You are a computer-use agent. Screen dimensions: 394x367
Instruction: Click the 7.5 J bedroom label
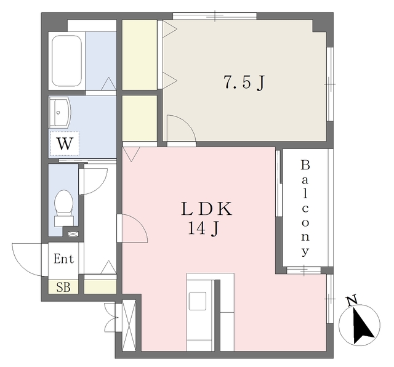[244, 82]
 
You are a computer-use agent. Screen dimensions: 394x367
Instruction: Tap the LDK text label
[207, 209]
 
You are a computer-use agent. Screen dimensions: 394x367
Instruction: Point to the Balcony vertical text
[305, 208]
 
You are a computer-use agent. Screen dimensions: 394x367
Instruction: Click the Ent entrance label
[64, 259]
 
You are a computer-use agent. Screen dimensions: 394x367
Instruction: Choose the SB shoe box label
[63, 287]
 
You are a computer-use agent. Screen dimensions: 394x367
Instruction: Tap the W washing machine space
[65, 143]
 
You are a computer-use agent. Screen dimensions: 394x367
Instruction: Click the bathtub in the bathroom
[67, 61]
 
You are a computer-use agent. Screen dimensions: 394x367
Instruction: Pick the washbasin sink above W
[60, 112]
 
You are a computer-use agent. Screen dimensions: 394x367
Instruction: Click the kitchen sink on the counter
[198, 301]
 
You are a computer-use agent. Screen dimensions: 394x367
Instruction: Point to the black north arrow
[363, 326]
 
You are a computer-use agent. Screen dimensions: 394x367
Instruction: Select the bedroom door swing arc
[186, 123]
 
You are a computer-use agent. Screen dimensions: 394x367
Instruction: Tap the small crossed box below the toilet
[73, 234]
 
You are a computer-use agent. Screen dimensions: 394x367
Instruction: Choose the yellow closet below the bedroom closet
[140, 118]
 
